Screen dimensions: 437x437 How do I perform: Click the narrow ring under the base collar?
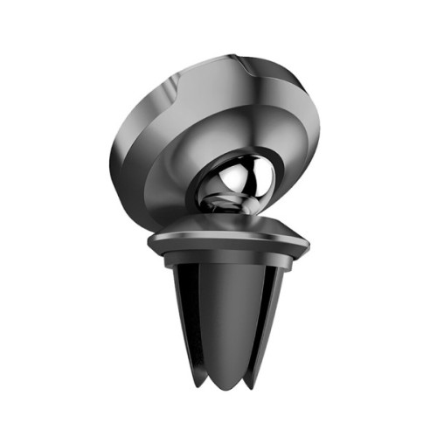tap(225, 259)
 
